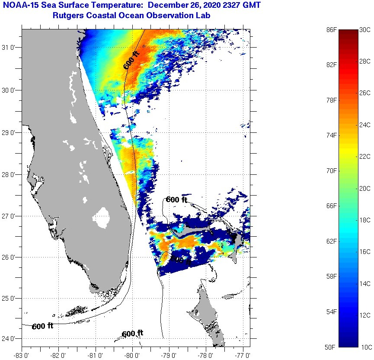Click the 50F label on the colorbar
(331, 347)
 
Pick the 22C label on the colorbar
(365, 157)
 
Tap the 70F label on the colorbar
(331, 170)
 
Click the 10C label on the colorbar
(365, 347)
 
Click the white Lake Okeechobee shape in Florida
(102, 217)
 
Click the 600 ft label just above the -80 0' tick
(132, 334)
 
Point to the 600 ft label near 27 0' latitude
(176, 199)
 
